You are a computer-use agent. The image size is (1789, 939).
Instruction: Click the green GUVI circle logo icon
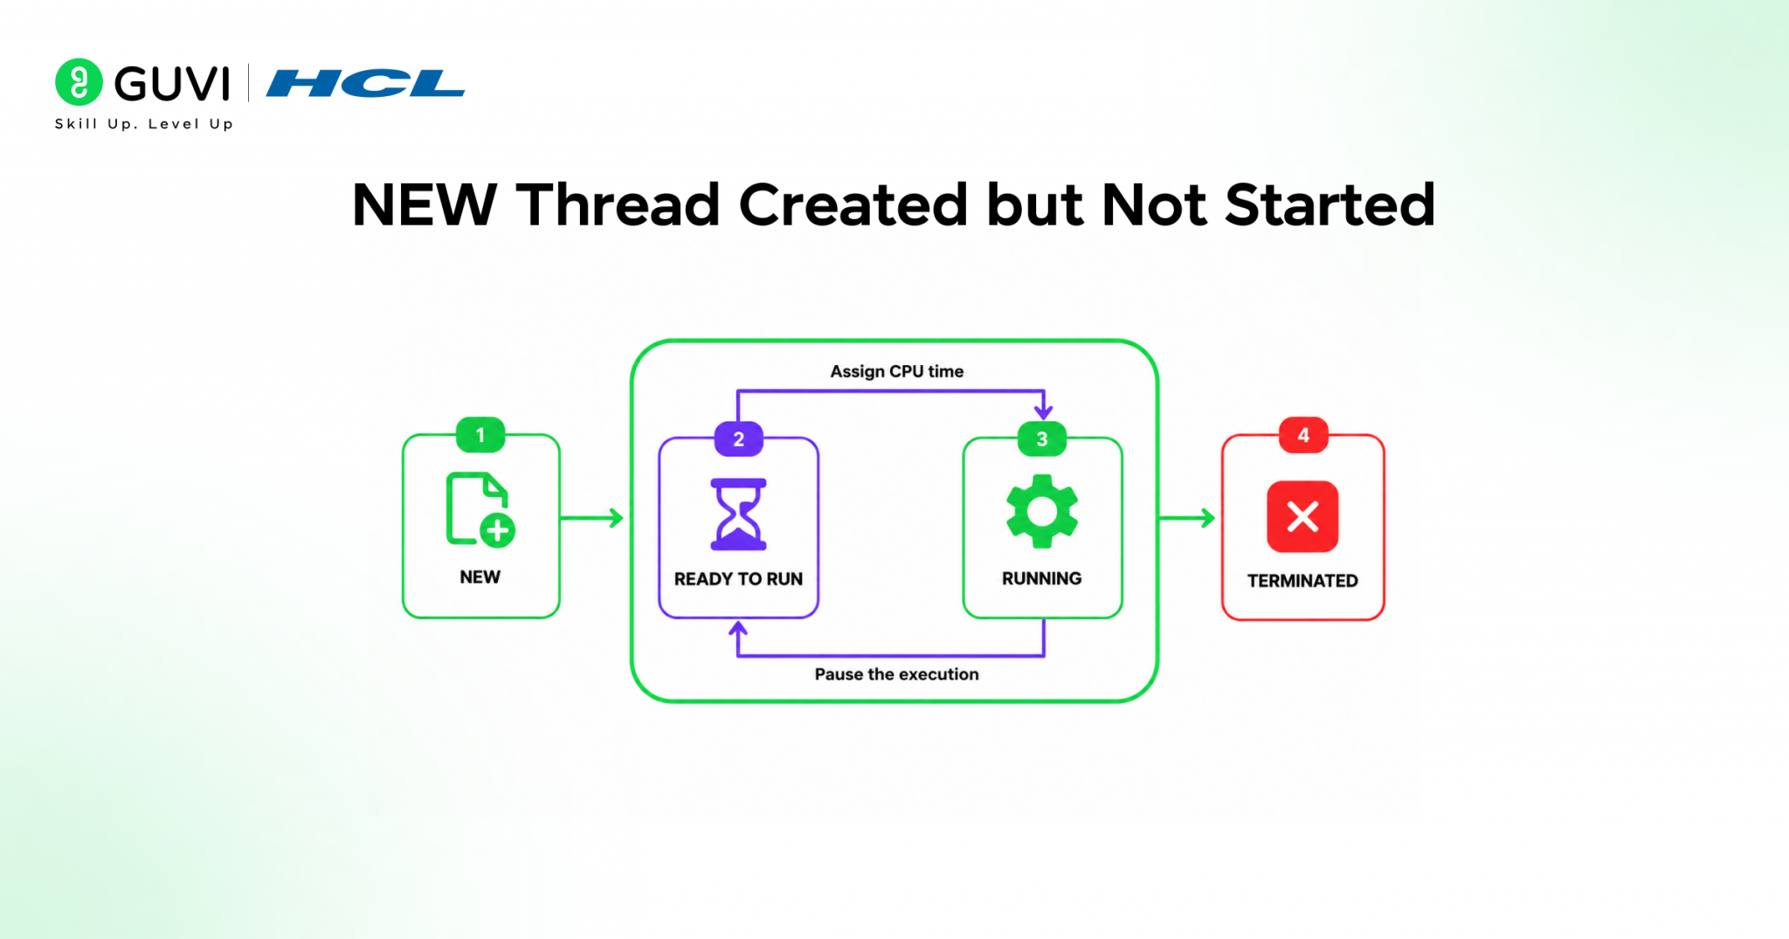pos(79,82)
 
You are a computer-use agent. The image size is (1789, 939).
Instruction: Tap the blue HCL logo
pos(365,84)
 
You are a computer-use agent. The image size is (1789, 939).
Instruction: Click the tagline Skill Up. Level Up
pos(144,124)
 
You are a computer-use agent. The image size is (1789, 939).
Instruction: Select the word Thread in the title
pos(618,205)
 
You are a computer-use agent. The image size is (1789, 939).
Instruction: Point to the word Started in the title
pos(1330,205)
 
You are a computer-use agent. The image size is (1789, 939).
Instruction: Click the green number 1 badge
pos(480,435)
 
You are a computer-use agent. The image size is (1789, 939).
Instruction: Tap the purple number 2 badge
pos(739,438)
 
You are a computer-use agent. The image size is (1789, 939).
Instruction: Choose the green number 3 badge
pos(1042,438)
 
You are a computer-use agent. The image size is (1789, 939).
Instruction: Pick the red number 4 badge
pos(1303,435)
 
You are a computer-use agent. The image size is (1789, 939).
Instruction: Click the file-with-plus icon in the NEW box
pos(480,510)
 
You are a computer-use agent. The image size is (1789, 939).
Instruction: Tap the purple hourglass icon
pos(738,514)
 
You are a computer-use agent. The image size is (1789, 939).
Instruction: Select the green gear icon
pos(1042,512)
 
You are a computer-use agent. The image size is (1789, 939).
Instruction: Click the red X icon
pos(1302,516)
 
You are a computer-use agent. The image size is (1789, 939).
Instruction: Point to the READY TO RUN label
pos(738,578)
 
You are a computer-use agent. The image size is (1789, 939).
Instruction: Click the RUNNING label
pos(1041,578)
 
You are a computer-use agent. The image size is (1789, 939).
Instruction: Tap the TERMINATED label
pos(1302,581)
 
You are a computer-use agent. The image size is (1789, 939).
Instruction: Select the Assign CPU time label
pos(896,371)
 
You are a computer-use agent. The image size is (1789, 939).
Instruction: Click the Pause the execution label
pos(896,674)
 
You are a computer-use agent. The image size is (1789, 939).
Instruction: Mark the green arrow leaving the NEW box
pos(592,518)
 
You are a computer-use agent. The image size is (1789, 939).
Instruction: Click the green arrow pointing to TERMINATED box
pos(1187,518)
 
